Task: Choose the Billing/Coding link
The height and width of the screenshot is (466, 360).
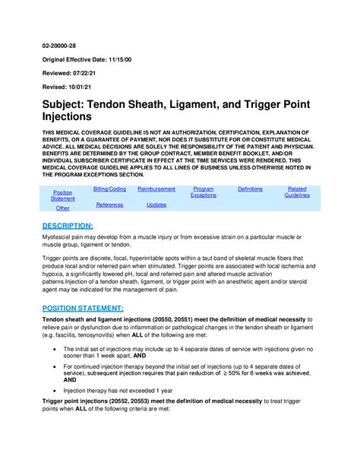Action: point(109,189)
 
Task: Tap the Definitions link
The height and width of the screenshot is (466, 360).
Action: point(250,189)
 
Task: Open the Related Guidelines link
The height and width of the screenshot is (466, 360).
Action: point(297,192)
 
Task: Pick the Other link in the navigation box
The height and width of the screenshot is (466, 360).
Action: point(63,208)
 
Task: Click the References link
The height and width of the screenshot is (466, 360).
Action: point(109,204)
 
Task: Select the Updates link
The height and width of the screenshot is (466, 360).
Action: point(156,204)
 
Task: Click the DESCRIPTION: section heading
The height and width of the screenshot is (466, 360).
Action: point(68,226)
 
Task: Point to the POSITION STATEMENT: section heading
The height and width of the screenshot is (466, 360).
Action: point(83,308)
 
